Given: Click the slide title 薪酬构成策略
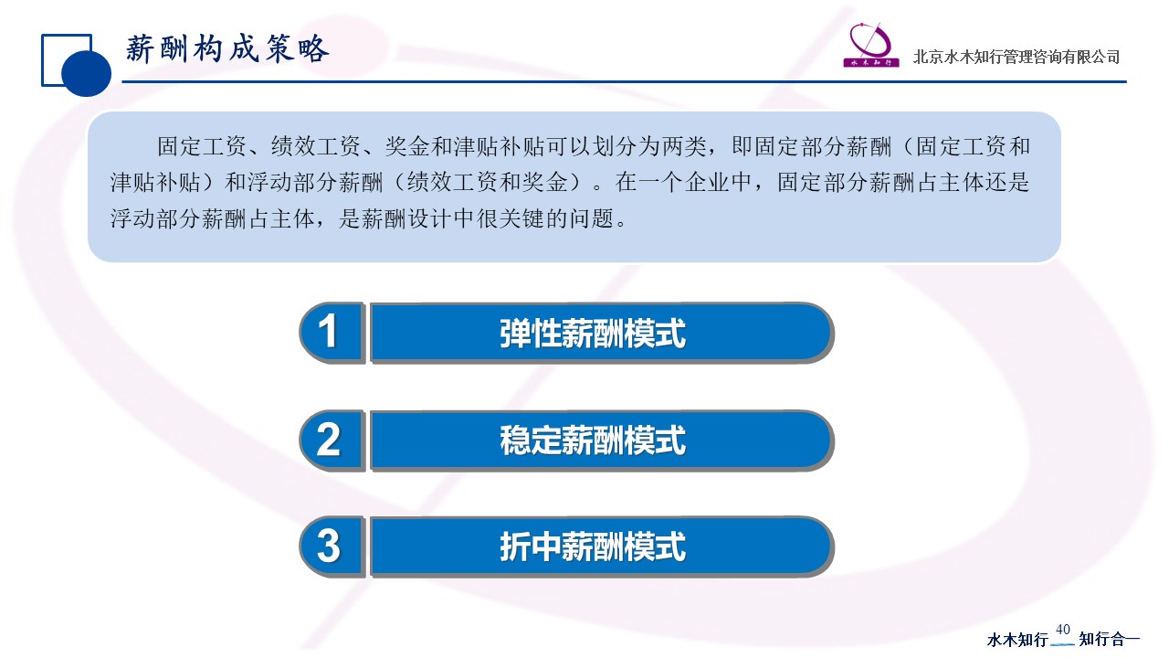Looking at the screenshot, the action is (x=227, y=49).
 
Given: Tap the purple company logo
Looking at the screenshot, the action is (x=871, y=46).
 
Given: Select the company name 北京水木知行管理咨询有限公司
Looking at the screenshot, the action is (x=1016, y=57).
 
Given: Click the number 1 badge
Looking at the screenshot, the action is (x=332, y=332).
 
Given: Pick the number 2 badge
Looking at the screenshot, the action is (x=332, y=440).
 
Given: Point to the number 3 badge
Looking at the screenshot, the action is (x=332, y=547).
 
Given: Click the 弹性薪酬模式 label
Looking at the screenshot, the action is (x=593, y=334).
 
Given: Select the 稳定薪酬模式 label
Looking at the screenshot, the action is (x=593, y=440).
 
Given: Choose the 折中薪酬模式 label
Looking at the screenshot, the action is (x=593, y=547).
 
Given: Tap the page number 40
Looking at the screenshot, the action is (x=1062, y=629).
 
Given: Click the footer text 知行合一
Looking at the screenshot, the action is (x=1109, y=639).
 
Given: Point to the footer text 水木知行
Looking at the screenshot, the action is (x=1017, y=639).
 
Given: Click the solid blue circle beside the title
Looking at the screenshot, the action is (x=86, y=72).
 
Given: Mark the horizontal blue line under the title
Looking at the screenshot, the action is (x=624, y=81).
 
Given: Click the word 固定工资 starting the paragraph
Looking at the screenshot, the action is (x=202, y=146).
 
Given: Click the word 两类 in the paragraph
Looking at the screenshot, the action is (x=684, y=146).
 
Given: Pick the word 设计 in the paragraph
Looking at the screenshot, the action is (x=430, y=218).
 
